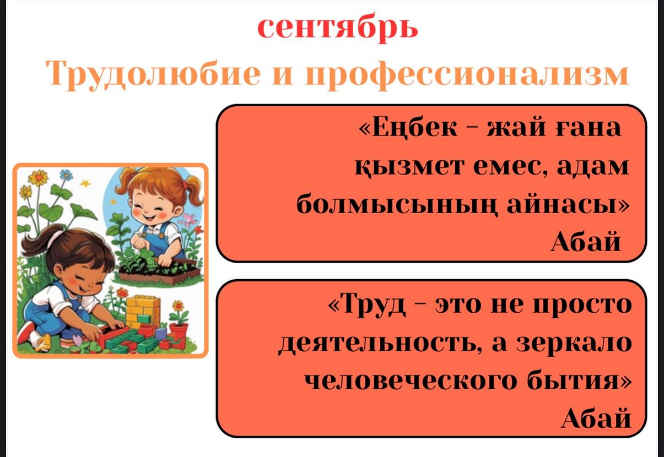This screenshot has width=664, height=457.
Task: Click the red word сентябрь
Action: pyautogui.click(x=338, y=28)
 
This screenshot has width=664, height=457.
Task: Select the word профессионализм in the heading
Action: pyautogui.click(x=467, y=74)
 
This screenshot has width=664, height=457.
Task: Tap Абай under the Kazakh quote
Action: pyautogui.click(x=585, y=242)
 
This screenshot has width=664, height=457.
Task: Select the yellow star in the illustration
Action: pyautogui.click(x=85, y=184)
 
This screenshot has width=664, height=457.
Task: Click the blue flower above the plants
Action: pyautogui.click(x=66, y=175)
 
